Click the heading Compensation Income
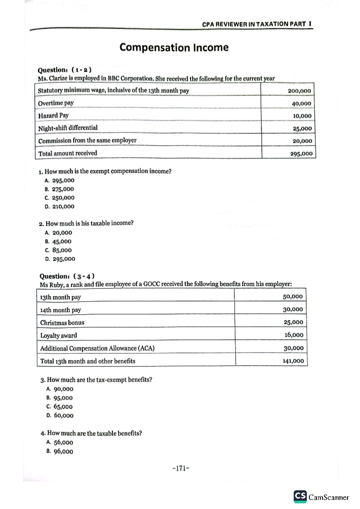pyautogui.click(x=174, y=47)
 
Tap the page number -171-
pyautogui.click(x=181, y=468)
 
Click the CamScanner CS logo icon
pyautogui.click(x=300, y=496)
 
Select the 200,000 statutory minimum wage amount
pyautogui.click(x=299, y=91)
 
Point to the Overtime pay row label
pyautogui.click(x=56, y=103)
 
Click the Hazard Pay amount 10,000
pyautogui.click(x=302, y=116)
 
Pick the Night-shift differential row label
pyautogui.click(x=68, y=128)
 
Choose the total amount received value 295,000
pyautogui.click(x=301, y=154)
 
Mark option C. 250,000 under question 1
pyautogui.click(x=59, y=198)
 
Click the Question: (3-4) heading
pyautogui.click(x=67, y=276)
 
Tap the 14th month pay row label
pyautogui.click(x=61, y=310)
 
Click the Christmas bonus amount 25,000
pyautogui.click(x=293, y=322)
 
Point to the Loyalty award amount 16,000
pyautogui.click(x=294, y=335)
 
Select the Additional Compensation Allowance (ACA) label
pyautogui.click(x=97, y=348)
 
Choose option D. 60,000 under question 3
pyautogui.click(x=60, y=415)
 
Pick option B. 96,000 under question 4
pyautogui.click(x=60, y=451)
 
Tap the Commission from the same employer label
pyautogui.click(x=87, y=141)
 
